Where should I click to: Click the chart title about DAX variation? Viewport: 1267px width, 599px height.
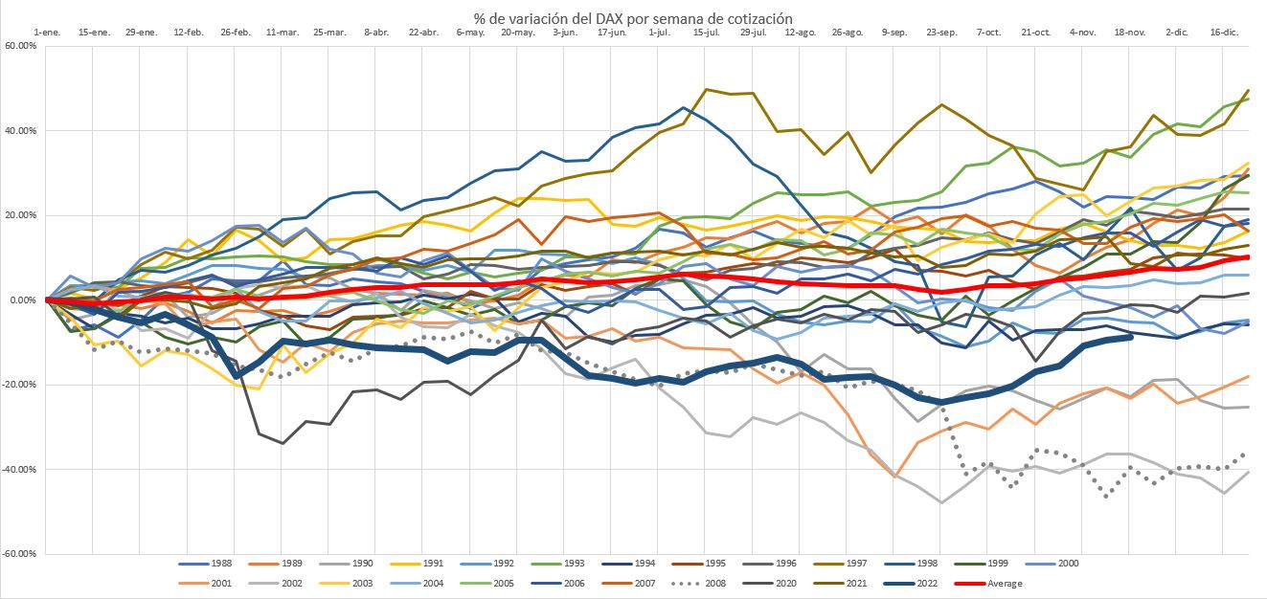click(x=633, y=18)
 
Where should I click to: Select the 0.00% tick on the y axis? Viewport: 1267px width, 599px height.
click(x=22, y=299)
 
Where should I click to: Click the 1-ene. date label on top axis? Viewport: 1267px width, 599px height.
click(x=47, y=33)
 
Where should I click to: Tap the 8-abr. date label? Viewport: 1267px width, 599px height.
click(x=376, y=33)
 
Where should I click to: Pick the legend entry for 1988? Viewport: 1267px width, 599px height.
click(x=213, y=563)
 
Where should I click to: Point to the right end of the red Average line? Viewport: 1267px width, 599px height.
click(x=1248, y=256)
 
